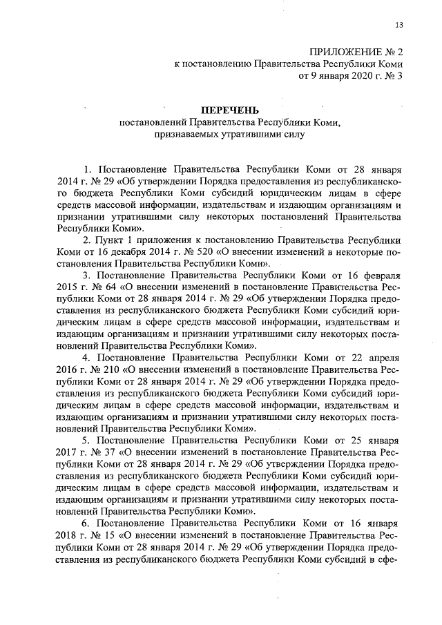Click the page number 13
(x=399, y=26)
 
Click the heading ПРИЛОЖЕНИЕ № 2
(x=355, y=51)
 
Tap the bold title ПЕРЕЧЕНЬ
(x=229, y=110)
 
